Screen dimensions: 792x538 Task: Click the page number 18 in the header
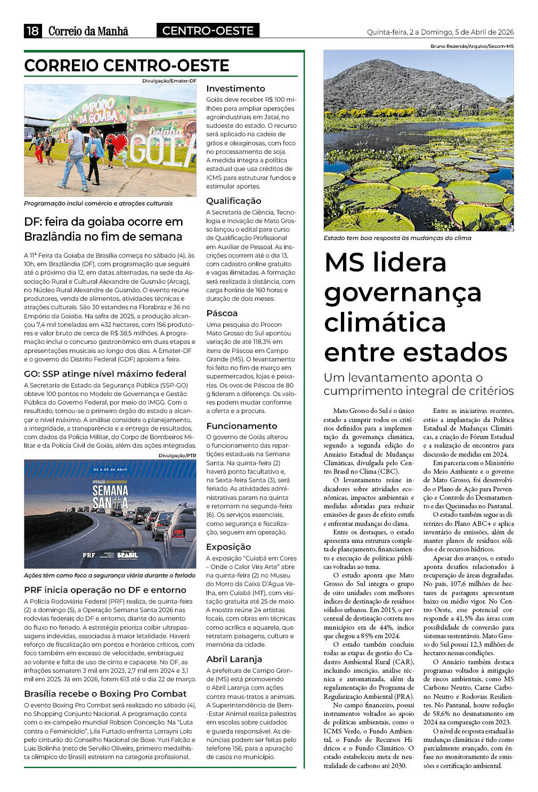click(32, 31)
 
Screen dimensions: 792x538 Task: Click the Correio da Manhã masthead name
click(88, 31)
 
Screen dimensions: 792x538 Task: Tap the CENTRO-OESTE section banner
click(208, 31)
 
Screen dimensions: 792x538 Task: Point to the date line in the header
click(440, 32)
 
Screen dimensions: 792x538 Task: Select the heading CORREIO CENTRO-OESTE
click(127, 65)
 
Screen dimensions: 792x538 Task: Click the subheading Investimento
click(235, 88)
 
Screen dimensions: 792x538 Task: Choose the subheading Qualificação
click(234, 201)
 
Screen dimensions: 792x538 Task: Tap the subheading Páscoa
click(222, 313)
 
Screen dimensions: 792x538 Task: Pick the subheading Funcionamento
click(242, 426)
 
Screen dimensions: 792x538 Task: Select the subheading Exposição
click(229, 547)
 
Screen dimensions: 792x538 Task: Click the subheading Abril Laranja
click(234, 659)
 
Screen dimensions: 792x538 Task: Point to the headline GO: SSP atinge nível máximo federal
click(105, 374)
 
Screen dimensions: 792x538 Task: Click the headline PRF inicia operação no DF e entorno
click(105, 590)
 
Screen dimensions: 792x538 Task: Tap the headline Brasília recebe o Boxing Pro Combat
click(105, 694)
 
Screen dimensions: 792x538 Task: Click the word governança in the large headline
click(403, 292)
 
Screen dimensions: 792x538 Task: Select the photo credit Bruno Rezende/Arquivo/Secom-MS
click(472, 46)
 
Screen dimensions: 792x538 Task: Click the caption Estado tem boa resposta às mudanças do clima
click(397, 238)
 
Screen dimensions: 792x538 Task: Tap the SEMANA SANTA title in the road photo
click(110, 496)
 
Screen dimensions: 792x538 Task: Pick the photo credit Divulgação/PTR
click(177, 456)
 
